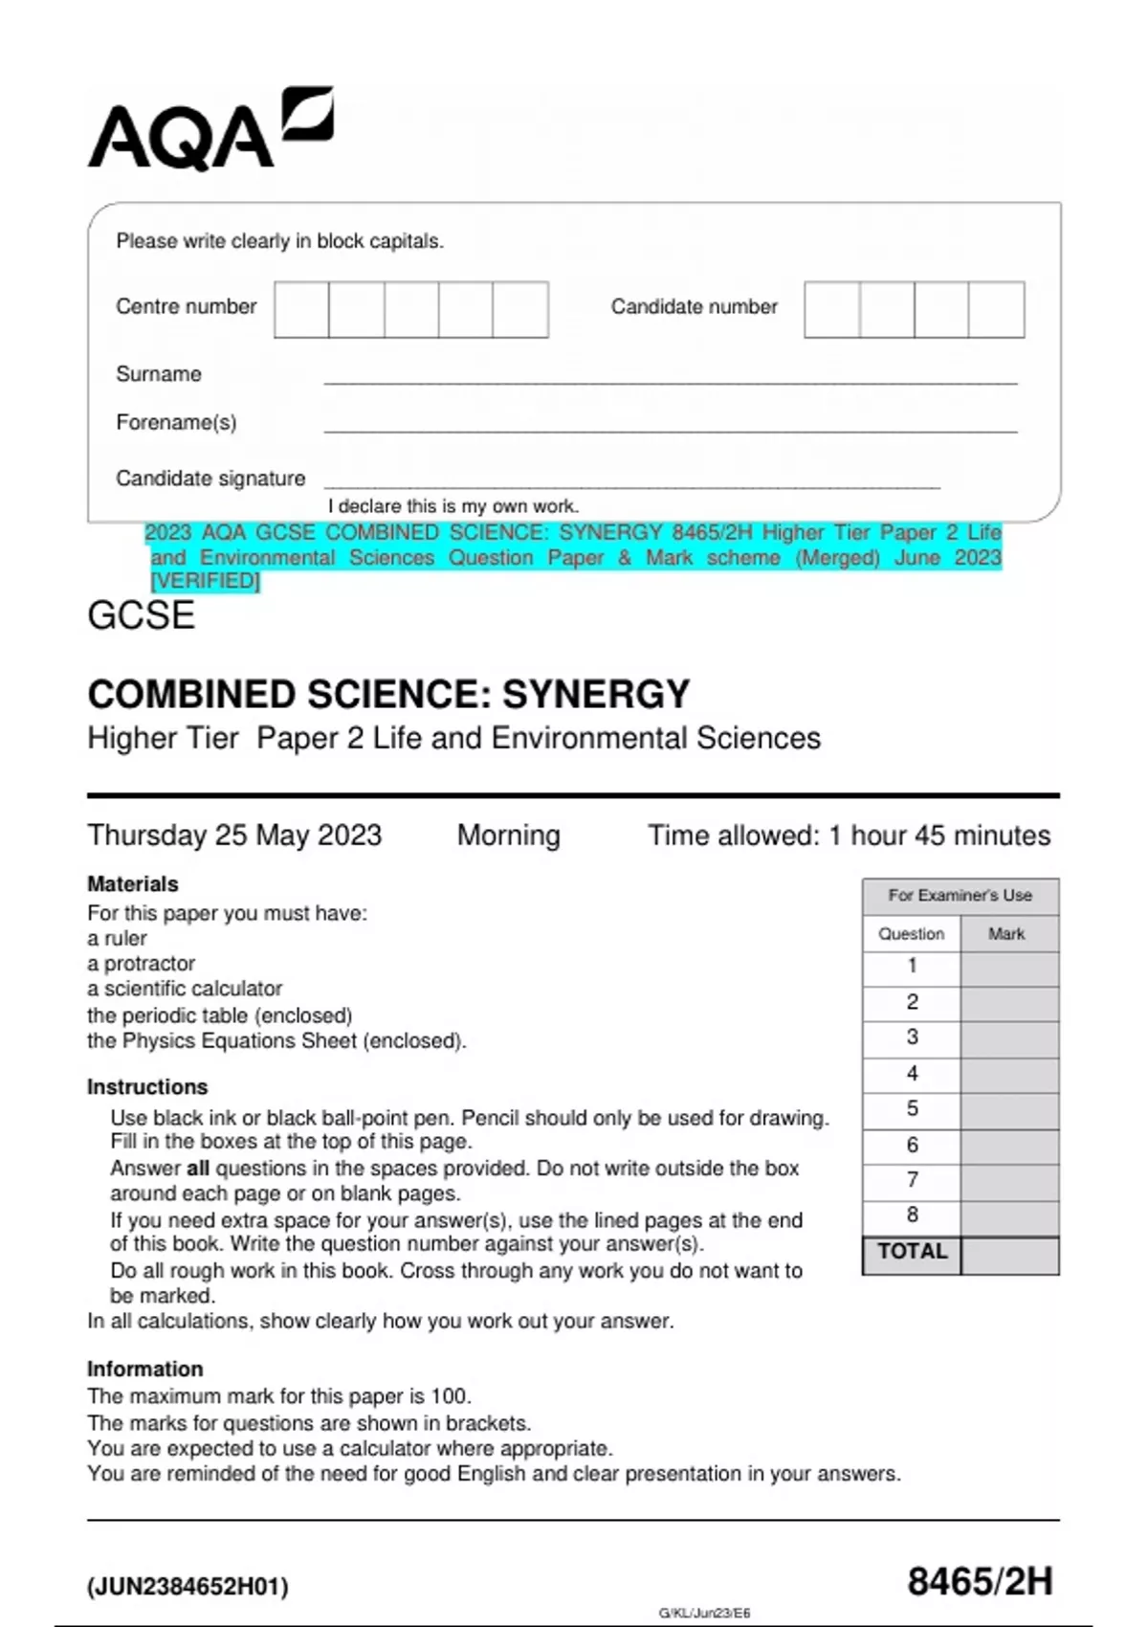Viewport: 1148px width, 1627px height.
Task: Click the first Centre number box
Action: pyautogui.click(x=301, y=309)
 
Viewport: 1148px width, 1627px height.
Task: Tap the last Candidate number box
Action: pyautogui.click(x=996, y=309)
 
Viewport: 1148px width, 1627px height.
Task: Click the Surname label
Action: pyautogui.click(x=159, y=374)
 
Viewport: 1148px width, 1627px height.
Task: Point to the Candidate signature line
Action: pyautogui.click(x=631, y=485)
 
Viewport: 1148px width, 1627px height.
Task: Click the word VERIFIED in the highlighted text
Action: pyautogui.click(x=206, y=581)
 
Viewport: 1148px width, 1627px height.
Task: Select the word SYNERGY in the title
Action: pyautogui.click(x=595, y=694)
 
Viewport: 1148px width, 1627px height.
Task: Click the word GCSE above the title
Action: pyautogui.click(x=142, y=615)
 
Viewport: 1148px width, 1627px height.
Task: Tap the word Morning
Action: pyautogui.click(x=508, y=835)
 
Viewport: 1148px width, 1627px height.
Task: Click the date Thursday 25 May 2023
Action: pyautogui.click(x=234, y=835)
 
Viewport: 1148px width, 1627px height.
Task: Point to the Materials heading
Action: pyautogui.click(x=133, y=883)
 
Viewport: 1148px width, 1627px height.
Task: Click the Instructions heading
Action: pyautogui.click(x=147, y=1086)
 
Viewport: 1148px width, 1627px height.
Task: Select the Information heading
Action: pyautogui.click(x=145, y=1369)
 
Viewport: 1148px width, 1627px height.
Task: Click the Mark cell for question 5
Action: pyautogui.click(x=1008, y=1109)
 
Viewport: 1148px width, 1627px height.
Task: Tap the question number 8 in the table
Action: pyautogui.click(x=912, y=1215)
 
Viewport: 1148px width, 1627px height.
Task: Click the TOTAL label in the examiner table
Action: pyautogui.click(x=912, y=1252)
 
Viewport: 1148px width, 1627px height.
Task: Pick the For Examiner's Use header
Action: pyautogui.click(x=960, y=896)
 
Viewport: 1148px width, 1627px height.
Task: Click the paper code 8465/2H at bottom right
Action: pyautogui.click(x=980, y=1581)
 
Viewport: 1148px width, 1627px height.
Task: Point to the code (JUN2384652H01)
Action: pyautogui.click(x=188, y=1586)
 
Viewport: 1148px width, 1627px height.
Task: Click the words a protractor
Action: pyautogui.click(x=142, y=963)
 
